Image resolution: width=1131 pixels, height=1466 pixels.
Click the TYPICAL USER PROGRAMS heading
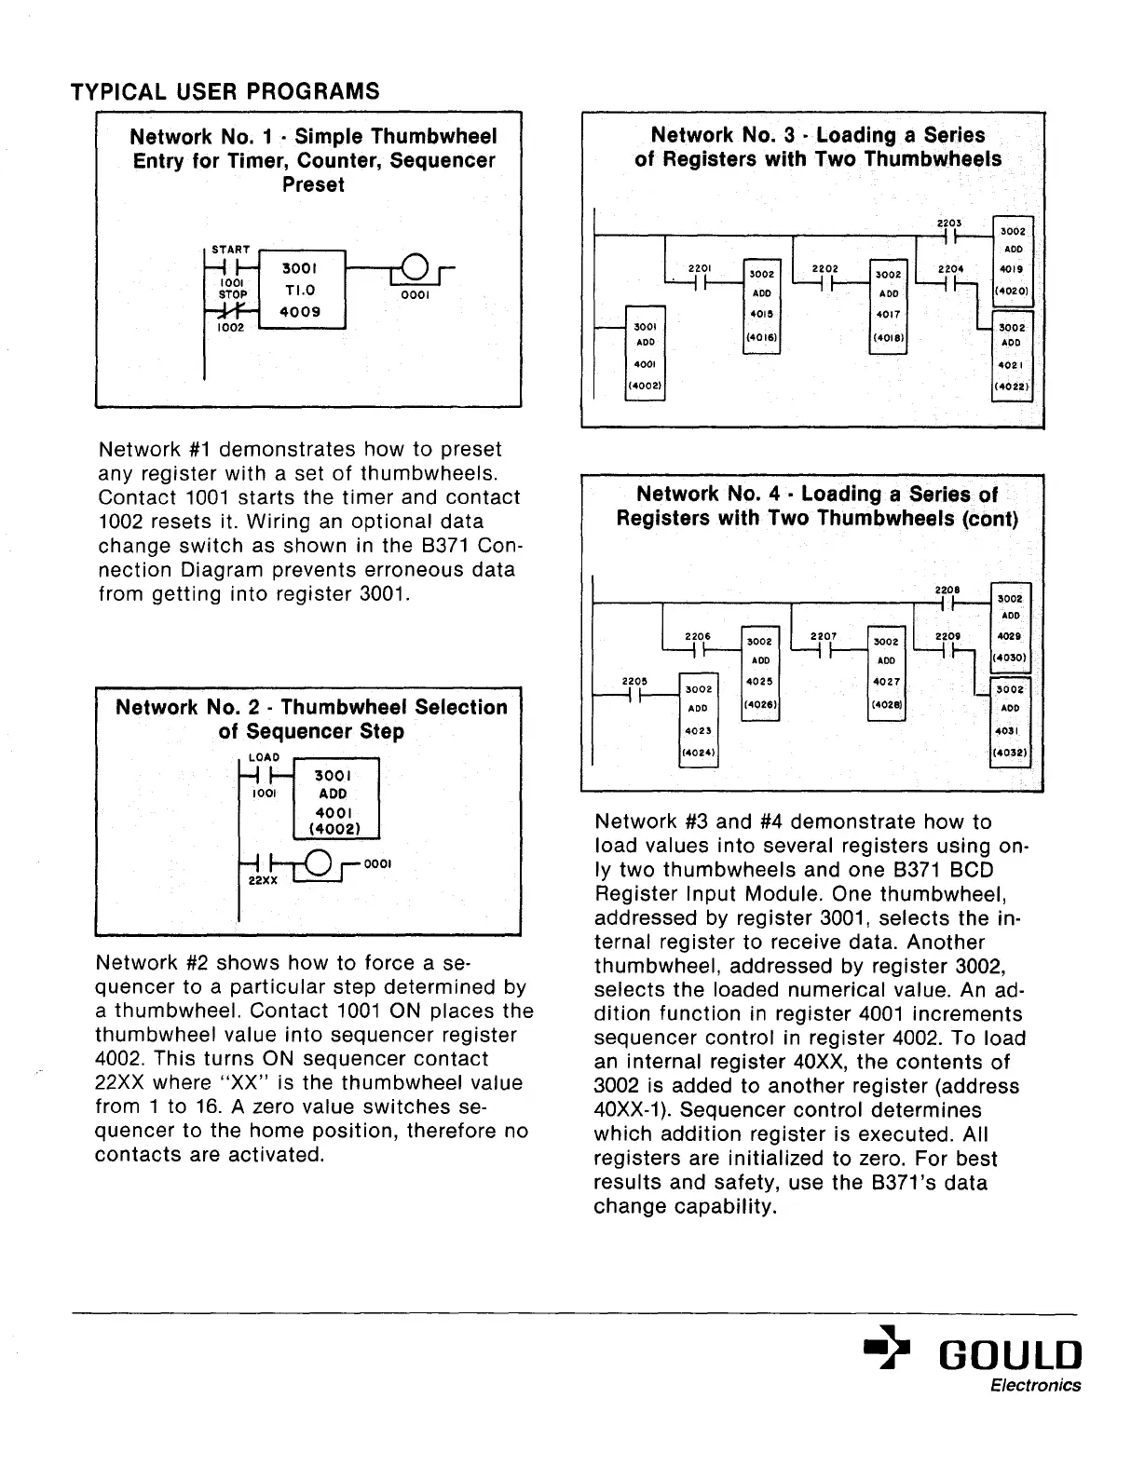click(x=225, y=91)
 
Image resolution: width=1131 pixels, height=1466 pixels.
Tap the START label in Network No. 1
click(x=230, y=250)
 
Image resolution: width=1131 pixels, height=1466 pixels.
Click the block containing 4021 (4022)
click(x=1011, y=356)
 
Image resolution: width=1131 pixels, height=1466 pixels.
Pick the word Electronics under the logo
click(x=1035, y=1385)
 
